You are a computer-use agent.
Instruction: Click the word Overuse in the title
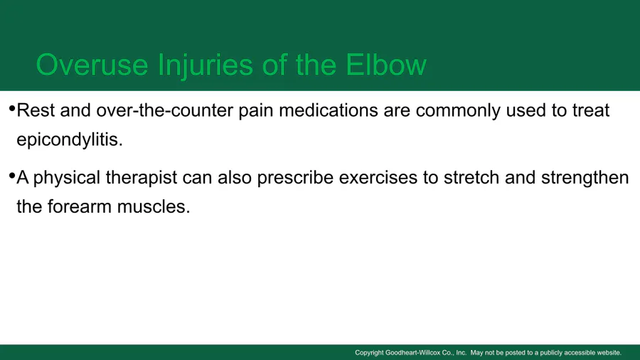pos(92,65)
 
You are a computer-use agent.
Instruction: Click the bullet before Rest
pos(12,109)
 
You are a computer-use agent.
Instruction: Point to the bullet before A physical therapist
pos(12,176)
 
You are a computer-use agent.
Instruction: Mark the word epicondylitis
pos(70,140)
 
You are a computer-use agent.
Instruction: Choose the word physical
pos(67,179)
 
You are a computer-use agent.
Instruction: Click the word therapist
pos(142,179)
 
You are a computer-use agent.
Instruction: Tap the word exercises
pos(378,178)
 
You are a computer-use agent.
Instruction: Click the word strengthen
pos(585,179)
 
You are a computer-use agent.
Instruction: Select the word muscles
pos(154,206)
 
